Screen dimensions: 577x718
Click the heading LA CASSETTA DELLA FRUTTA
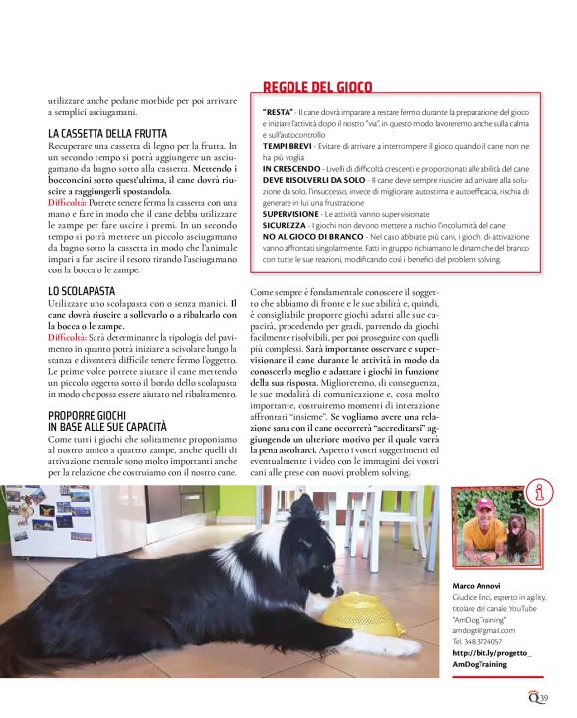click(x=107, y=133)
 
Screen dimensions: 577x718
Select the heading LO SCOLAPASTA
click(x=82, y=290)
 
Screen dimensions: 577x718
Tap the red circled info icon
click(x=543, y=491)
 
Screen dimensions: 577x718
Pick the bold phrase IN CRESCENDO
click(x=289, y=168)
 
